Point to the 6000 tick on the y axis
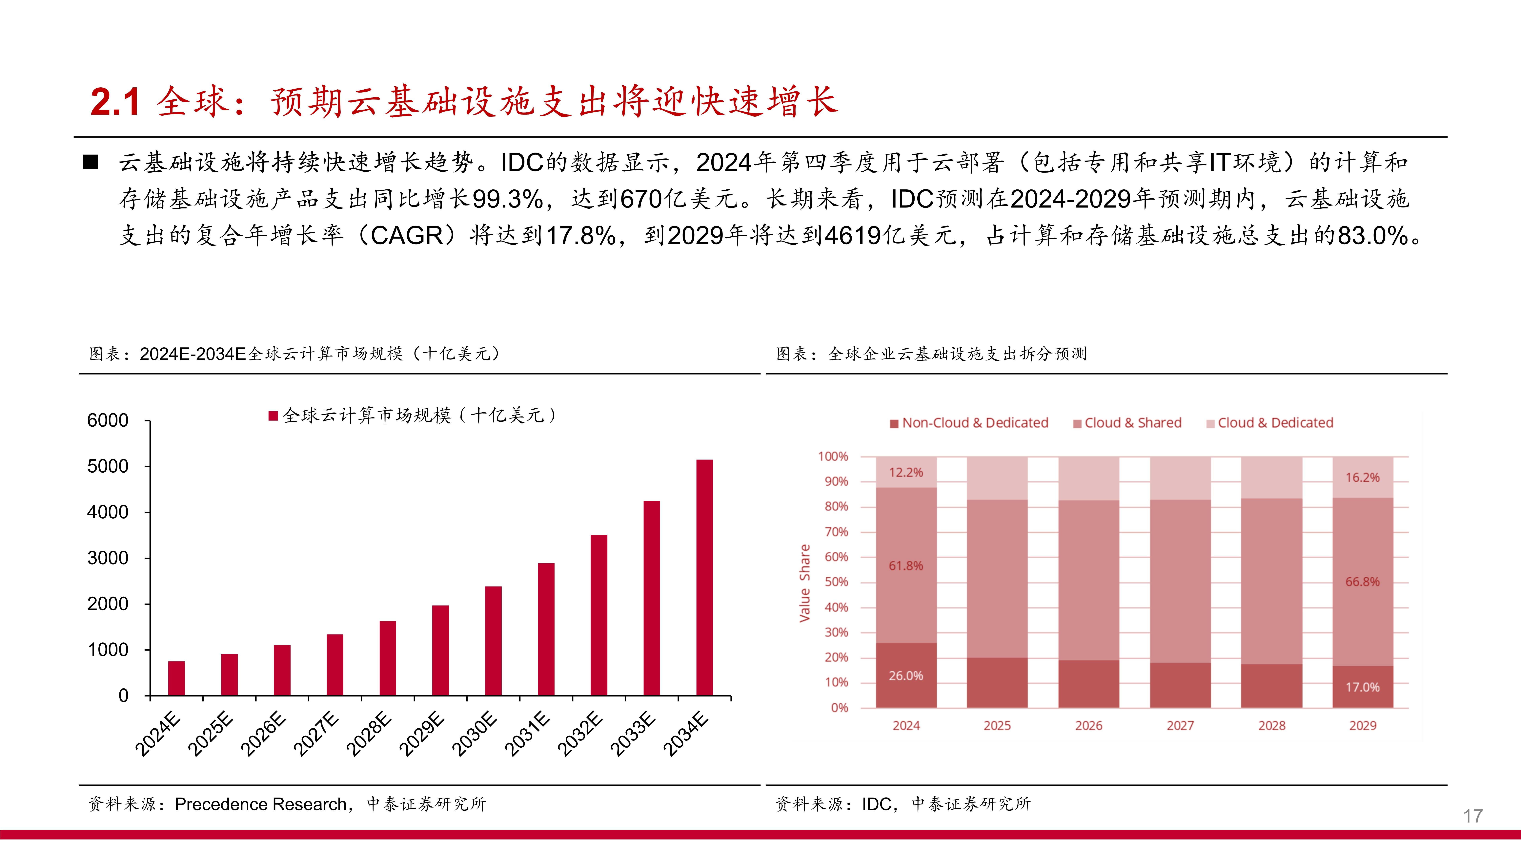tap(108, 421)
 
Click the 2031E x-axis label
tap(527, 734)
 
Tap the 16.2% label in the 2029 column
tap(1362, 477)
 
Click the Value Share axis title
tap(804, 583)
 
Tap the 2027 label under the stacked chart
tap(1180, 725)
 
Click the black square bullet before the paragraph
tap(90, 162)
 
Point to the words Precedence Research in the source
tap(260, 804)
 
